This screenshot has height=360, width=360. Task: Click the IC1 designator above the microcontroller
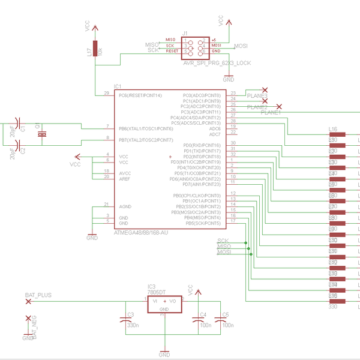click(118, 86)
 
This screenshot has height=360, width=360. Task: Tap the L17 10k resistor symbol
click(95, 52)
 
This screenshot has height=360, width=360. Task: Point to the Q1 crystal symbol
click(41, 134)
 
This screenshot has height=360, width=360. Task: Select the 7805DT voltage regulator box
click(164, 304)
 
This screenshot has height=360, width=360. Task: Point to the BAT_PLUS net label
click(38, 295)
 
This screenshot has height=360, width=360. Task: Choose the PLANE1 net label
click(271, 113)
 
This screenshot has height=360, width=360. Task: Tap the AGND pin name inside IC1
click(126, 206)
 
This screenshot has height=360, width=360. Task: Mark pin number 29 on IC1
click(106, 94)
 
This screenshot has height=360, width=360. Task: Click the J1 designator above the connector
click(185, 32)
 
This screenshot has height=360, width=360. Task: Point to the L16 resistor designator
click(333, 129)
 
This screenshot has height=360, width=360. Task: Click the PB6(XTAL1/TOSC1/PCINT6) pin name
click(146, 128)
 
